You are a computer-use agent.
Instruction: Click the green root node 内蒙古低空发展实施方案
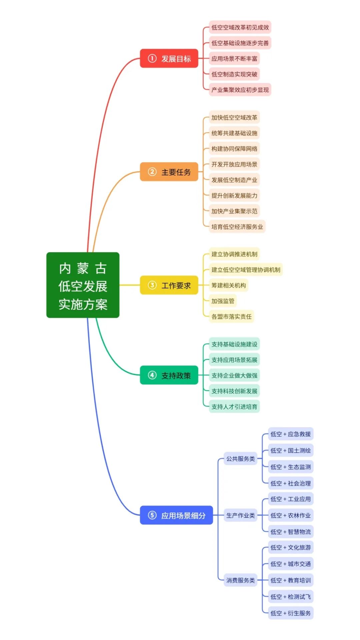tap(83, 285)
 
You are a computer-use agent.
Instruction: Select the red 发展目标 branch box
tap(169, 59)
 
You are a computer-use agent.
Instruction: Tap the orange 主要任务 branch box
tap(169, 172)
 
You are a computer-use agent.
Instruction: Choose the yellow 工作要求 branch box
tap(169, 285)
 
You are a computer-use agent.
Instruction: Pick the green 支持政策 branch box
tap(169, 375)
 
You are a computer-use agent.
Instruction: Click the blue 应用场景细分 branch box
tap(176, 515)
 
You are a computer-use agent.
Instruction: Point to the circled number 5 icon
tap(152, 515)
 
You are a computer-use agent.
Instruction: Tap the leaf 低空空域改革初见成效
tap(240, 27)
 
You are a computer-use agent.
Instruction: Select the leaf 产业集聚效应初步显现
tap(240, 90)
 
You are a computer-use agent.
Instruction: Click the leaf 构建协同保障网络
tap(234, 149)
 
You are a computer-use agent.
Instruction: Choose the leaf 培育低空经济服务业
tap(237, 227)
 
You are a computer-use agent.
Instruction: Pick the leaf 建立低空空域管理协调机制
tap(246, 270)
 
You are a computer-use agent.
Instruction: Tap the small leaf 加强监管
tap(223, 301)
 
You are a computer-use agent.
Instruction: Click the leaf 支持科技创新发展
tap(234, 391)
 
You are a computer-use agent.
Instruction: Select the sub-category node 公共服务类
tap(240, 459)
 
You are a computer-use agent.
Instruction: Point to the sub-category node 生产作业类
tap(240, 515)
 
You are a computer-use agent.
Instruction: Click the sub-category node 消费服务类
tap(240, 580)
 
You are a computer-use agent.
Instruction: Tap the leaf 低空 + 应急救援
tap(290, 434)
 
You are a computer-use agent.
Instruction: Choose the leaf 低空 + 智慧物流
tap(290, 532)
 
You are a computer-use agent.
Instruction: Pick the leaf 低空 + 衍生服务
tap(290, 613)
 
